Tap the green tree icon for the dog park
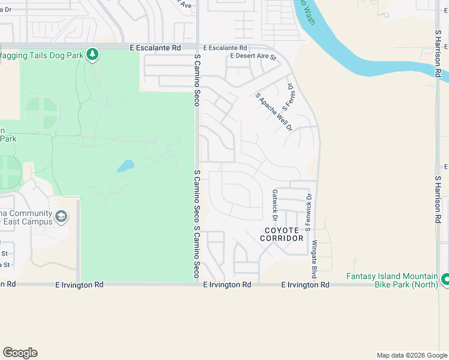[92, 55]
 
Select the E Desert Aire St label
[253, 58]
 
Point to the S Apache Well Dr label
[273, 112]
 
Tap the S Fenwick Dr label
[309, 212]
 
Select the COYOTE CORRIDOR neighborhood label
[282, 234]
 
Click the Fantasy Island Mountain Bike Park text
[392, 280]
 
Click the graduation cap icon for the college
[61, 216]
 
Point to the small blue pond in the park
[125, 166]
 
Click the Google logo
[20, 353]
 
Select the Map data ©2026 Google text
[411, 355]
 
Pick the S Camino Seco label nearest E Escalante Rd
[196, 80]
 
